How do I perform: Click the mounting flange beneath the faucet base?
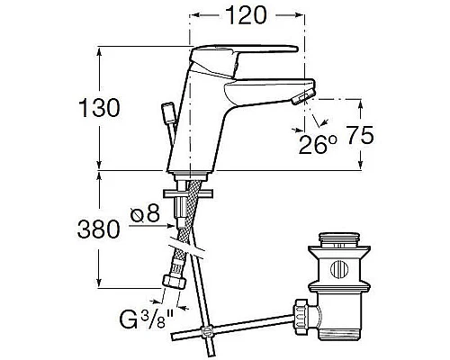[187, 191]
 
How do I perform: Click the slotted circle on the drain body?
[340, 269]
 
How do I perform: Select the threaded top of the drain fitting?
[339, 243]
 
